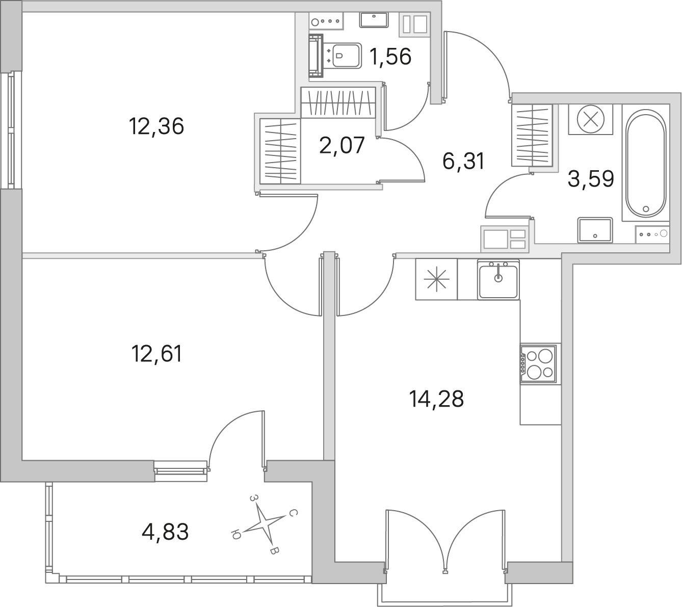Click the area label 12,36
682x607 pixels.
[x=156, y=126]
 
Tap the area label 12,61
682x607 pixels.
[x=157, y=354]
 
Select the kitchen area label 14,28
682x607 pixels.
[x=436, y=399]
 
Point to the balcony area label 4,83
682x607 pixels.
[x=165, y=532]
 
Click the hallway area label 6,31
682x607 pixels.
[x=463, y=161]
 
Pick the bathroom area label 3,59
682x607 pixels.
[x=591, y=179]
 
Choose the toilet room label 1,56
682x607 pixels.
[x=390, y=56]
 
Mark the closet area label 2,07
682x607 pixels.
[x=342, y=145]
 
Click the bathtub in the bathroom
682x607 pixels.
[x=646, y=163]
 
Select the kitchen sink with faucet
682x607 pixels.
[x=498, y=279]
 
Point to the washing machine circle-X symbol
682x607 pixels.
[x=590, y=119]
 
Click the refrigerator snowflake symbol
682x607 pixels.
[x=436, y=279]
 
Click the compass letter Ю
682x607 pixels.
[x=235, y=534]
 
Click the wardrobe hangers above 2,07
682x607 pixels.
[x=338, y=102]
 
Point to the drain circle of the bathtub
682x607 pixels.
[x=646, y=209]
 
